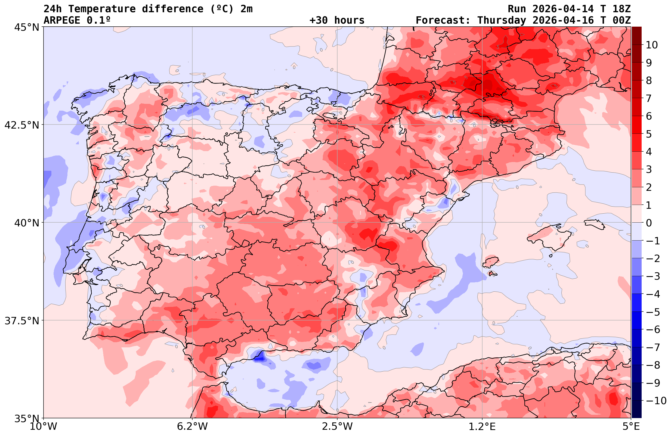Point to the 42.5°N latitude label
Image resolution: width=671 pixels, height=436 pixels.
pos(22,125)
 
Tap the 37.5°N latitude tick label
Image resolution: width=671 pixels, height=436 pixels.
pos(22,321)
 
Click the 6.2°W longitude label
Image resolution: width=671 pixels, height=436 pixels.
pos(192,426)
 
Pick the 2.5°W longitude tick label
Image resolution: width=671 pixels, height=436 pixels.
pos(337,426)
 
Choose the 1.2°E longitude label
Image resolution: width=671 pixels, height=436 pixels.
pos(482,426)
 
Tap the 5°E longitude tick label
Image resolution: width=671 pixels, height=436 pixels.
pos(631,426)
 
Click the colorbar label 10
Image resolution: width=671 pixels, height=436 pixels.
pos(651,45)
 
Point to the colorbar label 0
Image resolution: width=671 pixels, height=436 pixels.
pos(649,223)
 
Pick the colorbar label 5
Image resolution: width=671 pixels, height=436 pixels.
pos(649,134)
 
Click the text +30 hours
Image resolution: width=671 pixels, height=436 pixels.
pos(337,20)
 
